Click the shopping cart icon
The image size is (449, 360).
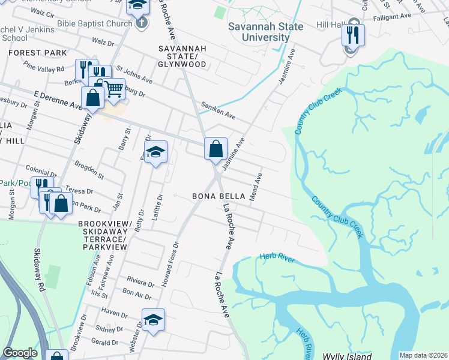coord(113,89)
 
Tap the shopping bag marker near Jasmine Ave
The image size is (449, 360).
coord(215,148)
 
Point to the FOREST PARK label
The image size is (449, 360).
coord(38,53)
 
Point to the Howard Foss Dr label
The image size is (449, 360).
coord(168,262)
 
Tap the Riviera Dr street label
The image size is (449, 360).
coord(140,279)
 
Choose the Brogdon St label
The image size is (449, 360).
coord(89,170)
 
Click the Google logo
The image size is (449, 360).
coord(20,353)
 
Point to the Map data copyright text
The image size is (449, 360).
coord(423,355)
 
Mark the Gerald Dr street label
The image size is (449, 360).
coord(106,342)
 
